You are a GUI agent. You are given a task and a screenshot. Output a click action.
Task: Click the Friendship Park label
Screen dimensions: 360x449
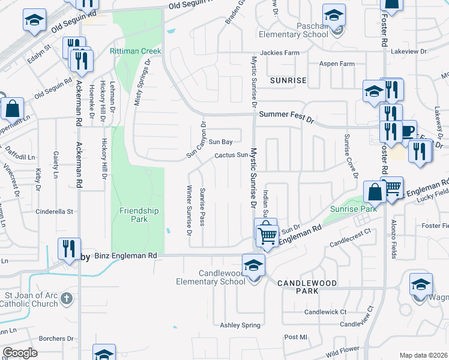click(x=139, y=215)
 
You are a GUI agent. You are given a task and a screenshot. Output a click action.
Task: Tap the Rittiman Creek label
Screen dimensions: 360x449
click(x=135, y=51)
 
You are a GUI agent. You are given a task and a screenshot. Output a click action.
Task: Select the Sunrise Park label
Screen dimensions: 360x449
click(x=354, y=209)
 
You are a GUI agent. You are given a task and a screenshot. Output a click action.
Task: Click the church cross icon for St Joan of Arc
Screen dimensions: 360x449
click(x=67, y=298)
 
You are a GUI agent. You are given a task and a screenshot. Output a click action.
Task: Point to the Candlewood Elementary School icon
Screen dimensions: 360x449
click(x=253, y=265)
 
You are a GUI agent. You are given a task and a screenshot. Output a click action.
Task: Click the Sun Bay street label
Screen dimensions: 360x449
click(x=220, y=142)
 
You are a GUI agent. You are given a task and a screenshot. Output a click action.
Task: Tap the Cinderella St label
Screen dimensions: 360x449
click(x=54, y=211)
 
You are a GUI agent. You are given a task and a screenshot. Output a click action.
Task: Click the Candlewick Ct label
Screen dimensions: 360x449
click(x=325, y=312)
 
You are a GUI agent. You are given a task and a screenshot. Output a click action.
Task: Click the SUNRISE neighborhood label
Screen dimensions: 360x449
click(x=288, y=80)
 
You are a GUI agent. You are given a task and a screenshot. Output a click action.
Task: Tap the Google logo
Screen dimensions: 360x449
click(x=20, y=353)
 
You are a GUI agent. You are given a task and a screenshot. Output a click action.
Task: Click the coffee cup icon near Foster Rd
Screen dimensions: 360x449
click(x=408, y=131)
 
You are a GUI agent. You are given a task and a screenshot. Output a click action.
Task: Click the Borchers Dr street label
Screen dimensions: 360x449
click(x=55, y=338)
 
